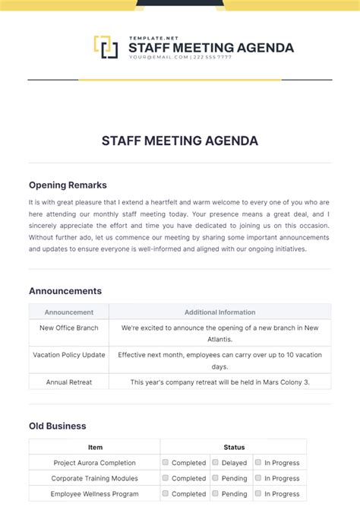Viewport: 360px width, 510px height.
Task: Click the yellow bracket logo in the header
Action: pyautogui.click(x=106, y=47)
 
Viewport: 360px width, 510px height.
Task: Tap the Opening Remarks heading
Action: pyautogui.click(x=68, y=185)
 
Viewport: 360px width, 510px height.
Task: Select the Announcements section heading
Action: pyautogui.click(x=65, y=290)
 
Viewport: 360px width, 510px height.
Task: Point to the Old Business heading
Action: pyautogui.click(x=58, y=426)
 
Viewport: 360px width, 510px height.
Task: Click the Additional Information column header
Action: pyautogui.click(x=219, y=312)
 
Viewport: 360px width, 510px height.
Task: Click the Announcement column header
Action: pyautogui.click(x=69, y=312)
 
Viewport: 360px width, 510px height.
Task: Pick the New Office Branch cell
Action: pyautogui.click(x=69, y=328)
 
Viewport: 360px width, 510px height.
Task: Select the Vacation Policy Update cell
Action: pyautogui.click(x=69, y=354)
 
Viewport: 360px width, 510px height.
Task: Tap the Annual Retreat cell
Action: pyautogui.click(x=69, y=382)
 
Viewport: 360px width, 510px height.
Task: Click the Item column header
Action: pyautogui.click(x=95, y=447)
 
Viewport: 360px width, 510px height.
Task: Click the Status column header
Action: pyautogui.click(x=234, y=447)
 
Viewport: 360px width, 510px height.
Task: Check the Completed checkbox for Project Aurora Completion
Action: pyautogui.click(x=166, y=462)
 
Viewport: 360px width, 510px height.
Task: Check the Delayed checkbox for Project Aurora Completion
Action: pyautogui.click(x=215, y=462)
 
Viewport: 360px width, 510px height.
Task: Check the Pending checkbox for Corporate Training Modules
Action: pyautogui.click(x=215, y=478)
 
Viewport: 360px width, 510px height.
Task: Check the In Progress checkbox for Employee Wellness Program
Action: pyautogui.click(x=258, y=493)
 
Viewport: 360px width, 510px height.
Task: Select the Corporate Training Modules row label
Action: pyautogui.click(x=95, y=478)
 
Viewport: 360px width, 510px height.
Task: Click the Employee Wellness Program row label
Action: pyautogui.click(x=95, y=493)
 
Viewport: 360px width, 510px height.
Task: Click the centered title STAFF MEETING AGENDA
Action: pyautogui.click(x=180, y=141)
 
